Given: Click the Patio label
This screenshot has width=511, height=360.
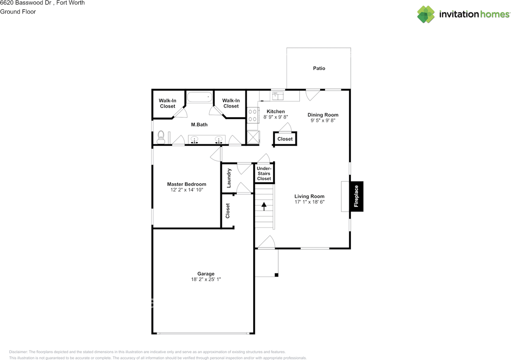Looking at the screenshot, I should point(319,68).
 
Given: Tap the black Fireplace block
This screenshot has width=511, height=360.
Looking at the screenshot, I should point(357,196).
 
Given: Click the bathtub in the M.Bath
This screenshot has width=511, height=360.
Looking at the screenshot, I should point(200,97).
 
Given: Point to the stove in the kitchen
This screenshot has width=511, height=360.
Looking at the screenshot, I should point(253,115).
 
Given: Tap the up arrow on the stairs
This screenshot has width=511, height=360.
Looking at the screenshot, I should point(263,206).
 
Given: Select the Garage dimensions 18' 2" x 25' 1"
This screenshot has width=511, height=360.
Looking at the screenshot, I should point(206,279).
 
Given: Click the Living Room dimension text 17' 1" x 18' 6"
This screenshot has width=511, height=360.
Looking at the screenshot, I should point(309,202).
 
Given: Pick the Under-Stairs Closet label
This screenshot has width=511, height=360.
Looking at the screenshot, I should point(264,174).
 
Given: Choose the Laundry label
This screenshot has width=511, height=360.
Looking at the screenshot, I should point(229,178).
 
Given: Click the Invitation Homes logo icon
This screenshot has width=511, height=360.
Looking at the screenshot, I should point(426,14).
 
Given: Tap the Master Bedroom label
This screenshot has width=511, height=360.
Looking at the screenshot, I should point(186,184).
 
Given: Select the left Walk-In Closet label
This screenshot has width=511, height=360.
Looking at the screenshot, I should point(168,103).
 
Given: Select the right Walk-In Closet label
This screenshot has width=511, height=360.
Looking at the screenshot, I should point(231,103).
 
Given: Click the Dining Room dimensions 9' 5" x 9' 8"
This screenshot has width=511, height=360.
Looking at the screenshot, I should point(323,120).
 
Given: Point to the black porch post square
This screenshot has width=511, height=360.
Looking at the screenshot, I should point(276,275).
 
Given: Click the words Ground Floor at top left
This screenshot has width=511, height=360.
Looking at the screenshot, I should point(18,12).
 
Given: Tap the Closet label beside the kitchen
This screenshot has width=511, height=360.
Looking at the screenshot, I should point(285,139).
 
